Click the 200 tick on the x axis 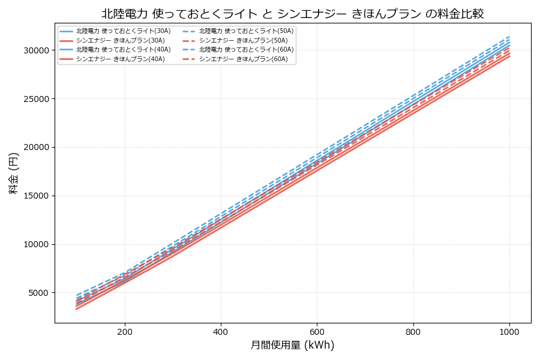pyautogui.click(x=125, y=331)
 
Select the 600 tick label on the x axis pyautogui.click(x=317, y=331)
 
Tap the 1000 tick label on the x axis pyautogui.click(x=509, y=331)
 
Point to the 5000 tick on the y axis pyautogui.click(x=37, y=293)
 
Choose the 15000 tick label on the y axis pyautogui.click(x=35, y=196)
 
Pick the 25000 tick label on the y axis pyautogui.click(x=35, y=98)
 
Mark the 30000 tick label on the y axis pyautogui.click(x=35, y=50)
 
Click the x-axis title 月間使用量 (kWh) pyautogui.click(x=292, y=346)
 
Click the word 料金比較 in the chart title pyautogui.click(x=460, y=14)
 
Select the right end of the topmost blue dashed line pyautogui.click(x=509, y=36)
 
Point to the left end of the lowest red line pyautogui.click(x=77, y=309)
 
